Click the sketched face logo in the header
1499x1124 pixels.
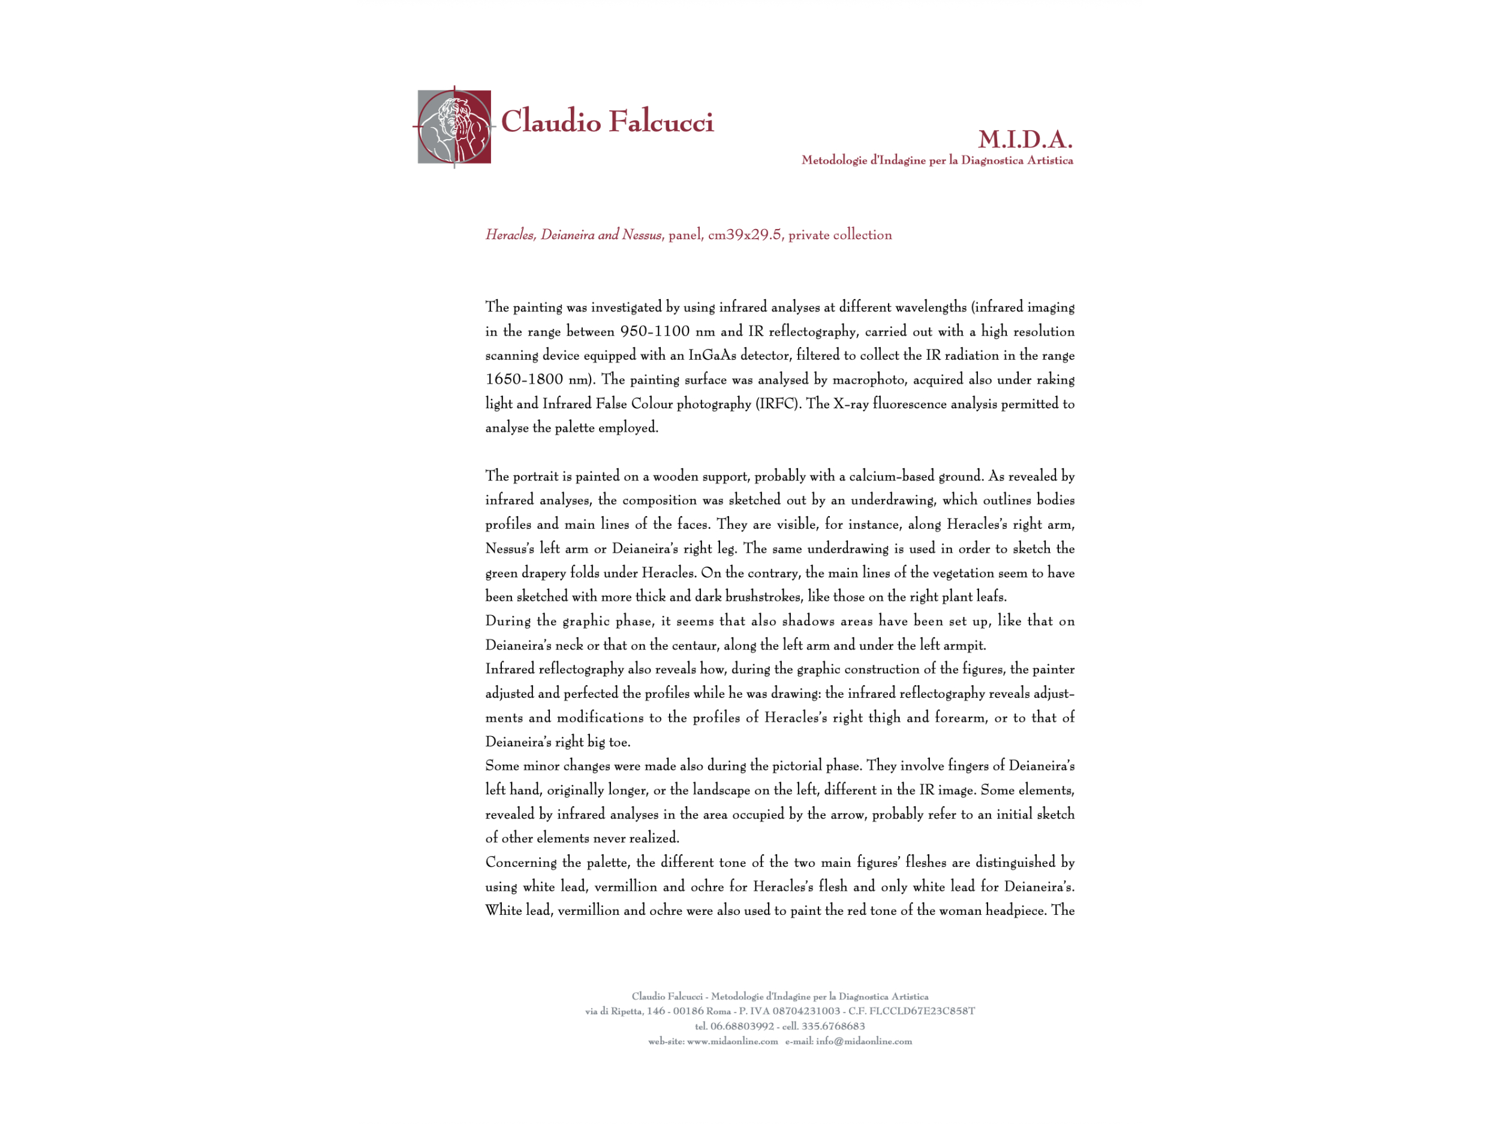tap(454, 126)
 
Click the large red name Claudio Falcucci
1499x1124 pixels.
tap(607, 122)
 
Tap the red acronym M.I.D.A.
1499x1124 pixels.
tap(1025, 140)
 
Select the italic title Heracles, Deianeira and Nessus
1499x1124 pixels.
tap(573, 235)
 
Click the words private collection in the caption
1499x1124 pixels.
tap(839, 235)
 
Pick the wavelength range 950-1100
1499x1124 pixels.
tap(655, 332)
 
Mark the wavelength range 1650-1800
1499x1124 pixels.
tap(524, 379)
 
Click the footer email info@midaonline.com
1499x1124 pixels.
tap(863, 1041)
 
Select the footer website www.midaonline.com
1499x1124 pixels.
tap(732, 1041)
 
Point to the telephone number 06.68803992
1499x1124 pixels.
tap(742, 1026)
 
